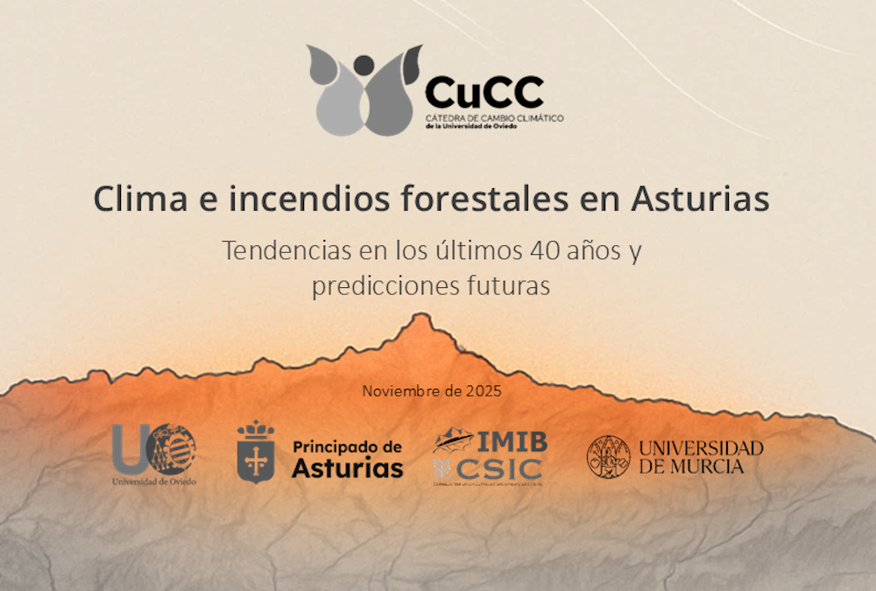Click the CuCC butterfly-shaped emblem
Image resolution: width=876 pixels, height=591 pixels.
point(364,91)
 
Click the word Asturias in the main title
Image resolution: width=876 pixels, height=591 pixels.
point(699,199)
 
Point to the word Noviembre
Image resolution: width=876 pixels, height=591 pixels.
point(399,391)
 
